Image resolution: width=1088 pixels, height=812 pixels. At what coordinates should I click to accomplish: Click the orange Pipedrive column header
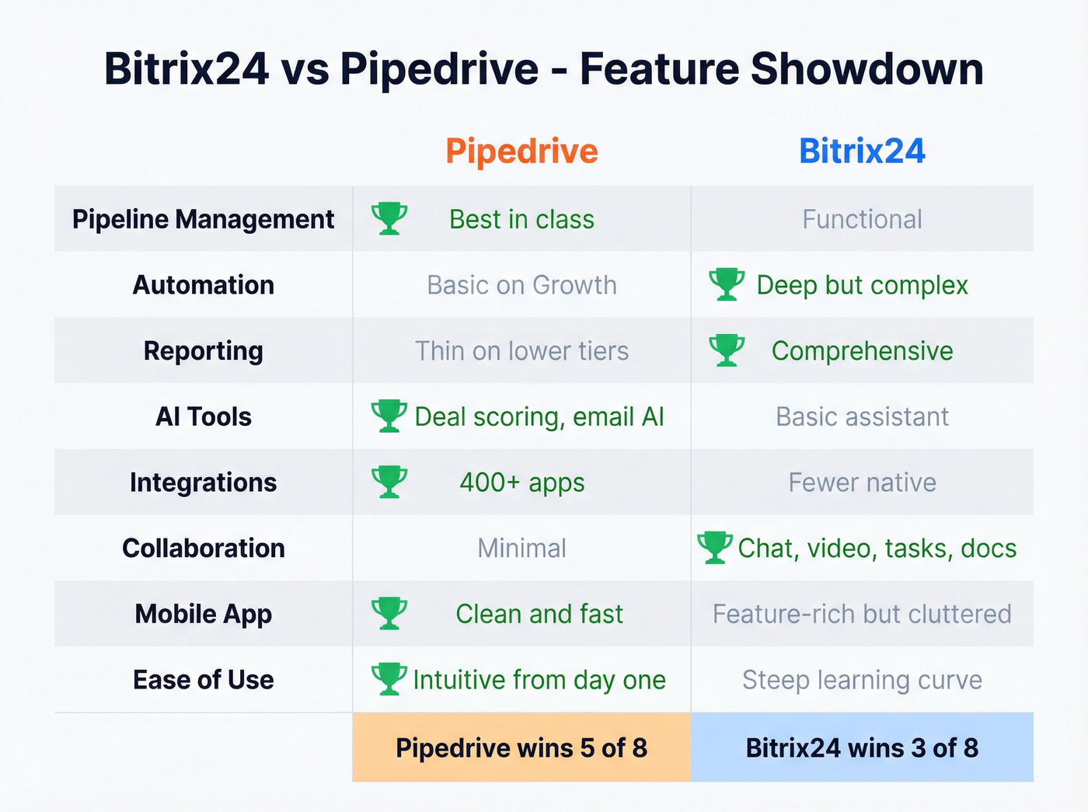[x=521, y=151]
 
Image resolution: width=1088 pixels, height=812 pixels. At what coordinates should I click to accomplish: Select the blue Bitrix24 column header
[x=862, y=151]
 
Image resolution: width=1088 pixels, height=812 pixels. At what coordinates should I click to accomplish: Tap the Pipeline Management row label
[x=203, y=219]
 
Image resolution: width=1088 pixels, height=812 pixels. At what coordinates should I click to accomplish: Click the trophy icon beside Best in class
[x=389, y=218]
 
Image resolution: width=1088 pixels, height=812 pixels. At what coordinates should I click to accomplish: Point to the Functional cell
[x=862, y=219]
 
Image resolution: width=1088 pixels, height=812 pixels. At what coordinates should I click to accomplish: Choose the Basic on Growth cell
[x=521, y=285]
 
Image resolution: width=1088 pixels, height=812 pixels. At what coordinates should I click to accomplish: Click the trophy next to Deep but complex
[x=727, y=284]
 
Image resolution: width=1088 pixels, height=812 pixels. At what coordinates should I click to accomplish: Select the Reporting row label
[x=203, y=350]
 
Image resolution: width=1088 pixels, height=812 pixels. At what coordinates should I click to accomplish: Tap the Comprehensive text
[x=862, y=350]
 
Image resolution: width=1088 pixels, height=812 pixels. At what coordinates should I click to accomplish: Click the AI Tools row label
[x=203, y=416]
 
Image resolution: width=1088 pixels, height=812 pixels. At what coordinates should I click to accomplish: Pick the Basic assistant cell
[x=862, y=416]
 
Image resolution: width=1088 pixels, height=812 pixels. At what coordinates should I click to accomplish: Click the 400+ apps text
[x=521, y=483]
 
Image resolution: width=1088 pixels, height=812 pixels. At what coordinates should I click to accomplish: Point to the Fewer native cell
[x=862, y=483]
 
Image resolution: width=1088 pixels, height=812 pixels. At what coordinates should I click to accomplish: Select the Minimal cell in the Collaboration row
[x=521, y=548]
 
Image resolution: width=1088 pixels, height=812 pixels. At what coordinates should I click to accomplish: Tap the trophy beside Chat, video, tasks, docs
[x=715, y=547]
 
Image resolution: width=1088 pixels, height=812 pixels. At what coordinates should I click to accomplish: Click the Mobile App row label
[x=203, y=614]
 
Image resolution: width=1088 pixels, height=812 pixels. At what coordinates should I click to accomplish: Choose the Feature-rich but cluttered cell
[x=862, y=614]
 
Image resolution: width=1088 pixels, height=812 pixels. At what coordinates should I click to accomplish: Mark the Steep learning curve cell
[x=862, y=680]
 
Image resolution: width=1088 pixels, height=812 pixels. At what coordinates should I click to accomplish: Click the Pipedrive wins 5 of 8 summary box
[x=521, y=748]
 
